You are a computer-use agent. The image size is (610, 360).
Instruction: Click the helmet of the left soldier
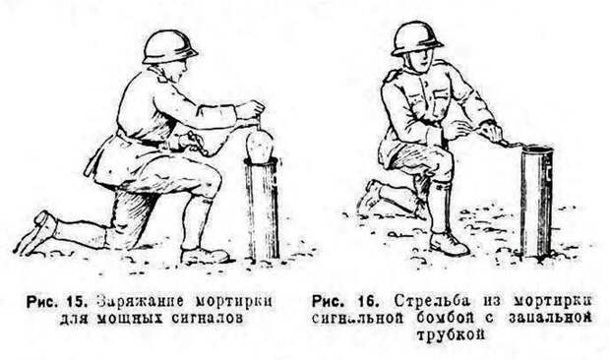(169, 47)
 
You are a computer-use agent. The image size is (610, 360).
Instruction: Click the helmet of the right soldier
(416, 38)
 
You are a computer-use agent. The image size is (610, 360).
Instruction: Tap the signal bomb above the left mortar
(260, 146)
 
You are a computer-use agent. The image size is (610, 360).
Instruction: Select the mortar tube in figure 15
(263, 208)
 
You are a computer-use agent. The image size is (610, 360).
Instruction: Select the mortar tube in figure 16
(536, 201)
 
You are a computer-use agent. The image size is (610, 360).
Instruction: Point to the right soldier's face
(420, 61)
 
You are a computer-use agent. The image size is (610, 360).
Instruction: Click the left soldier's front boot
(205, 255)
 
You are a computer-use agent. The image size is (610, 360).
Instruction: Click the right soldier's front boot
(449, 243)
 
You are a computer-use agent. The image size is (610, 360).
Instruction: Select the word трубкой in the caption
(451, 334)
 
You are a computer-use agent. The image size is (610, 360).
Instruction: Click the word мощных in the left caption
(129, 319)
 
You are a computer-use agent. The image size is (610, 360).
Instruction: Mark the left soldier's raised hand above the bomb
(251, 110)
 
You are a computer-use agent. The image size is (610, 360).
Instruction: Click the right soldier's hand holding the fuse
(491, 132)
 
